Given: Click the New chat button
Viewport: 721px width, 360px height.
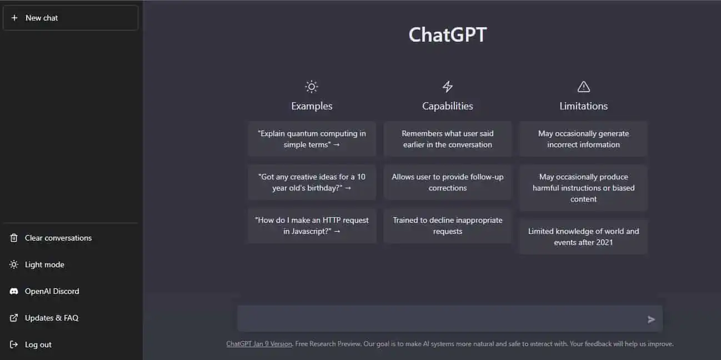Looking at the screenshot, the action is click(71, 18).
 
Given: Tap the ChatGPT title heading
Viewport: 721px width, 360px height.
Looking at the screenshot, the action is click(447, 35).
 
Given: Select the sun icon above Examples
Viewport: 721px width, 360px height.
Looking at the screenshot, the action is click(312, 87).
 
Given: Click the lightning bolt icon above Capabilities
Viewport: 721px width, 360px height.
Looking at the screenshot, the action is click(447, 87).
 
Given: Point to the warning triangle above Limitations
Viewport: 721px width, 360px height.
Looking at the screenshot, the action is click(584, 87).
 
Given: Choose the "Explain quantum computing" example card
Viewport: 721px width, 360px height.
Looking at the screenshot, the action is click(312, 139).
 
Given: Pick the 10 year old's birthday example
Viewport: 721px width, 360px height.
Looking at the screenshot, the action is click(312, 182).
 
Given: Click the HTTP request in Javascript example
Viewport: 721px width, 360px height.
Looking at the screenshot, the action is click(312, 226).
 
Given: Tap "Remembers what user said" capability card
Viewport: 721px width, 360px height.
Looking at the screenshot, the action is click(447, 139).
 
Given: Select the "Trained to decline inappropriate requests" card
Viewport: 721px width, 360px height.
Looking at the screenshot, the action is click(447, 226).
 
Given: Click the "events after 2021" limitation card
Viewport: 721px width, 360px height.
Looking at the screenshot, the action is click(583, 237).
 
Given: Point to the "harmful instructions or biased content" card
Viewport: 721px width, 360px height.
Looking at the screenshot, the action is click(583, 188).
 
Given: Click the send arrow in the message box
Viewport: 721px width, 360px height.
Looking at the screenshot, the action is click(651, 319).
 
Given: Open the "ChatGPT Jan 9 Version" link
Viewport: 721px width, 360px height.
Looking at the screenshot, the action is click(259, 344).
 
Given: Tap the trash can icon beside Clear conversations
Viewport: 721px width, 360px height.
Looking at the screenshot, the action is click(14, 238).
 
